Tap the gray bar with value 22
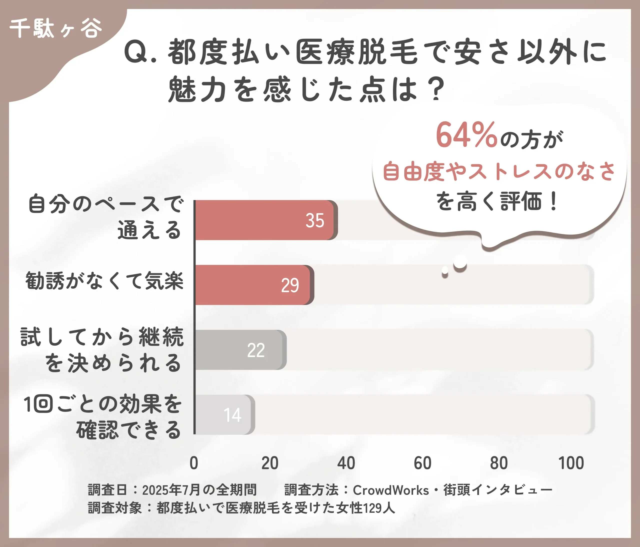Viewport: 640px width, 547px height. click(239, 350)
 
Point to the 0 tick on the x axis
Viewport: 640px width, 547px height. click(194, 463)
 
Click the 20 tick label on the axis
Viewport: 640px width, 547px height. click(270, 463)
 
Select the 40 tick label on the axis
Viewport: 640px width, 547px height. click(346, 463)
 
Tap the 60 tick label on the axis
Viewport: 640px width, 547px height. click(422, 463)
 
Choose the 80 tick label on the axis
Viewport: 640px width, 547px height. click(499, 463)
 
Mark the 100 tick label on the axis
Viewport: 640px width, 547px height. click(571, 463)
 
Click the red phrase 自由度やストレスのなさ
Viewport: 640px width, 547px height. click(499, 171)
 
